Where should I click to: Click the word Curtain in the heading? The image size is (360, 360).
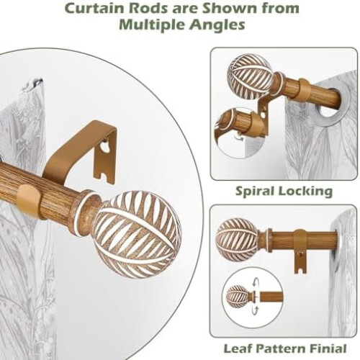click(x=97, y=9)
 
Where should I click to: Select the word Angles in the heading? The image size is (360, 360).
click(x=217, y=25)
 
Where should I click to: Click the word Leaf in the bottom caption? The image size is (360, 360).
click(x=241, y=348)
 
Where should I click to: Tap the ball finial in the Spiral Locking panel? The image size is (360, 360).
click(x=250, y=76)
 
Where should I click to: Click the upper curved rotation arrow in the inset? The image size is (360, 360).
click(x=256, y=283)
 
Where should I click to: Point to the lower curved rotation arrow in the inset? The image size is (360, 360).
click(x=256, y=310)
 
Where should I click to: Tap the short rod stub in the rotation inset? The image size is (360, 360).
click(x=271, y=297)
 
